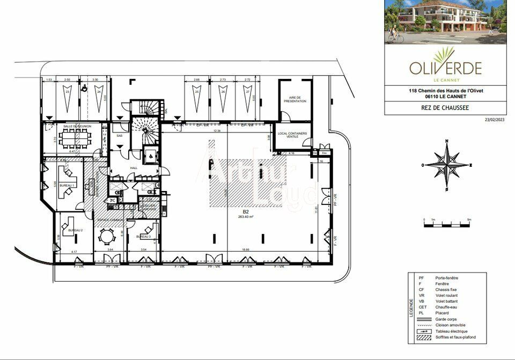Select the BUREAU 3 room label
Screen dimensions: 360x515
pos(143,236)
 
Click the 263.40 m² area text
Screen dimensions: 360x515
pos(245,217)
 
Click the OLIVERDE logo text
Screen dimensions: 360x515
pos(445,69)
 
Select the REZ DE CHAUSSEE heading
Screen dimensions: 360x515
pos(446,107)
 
